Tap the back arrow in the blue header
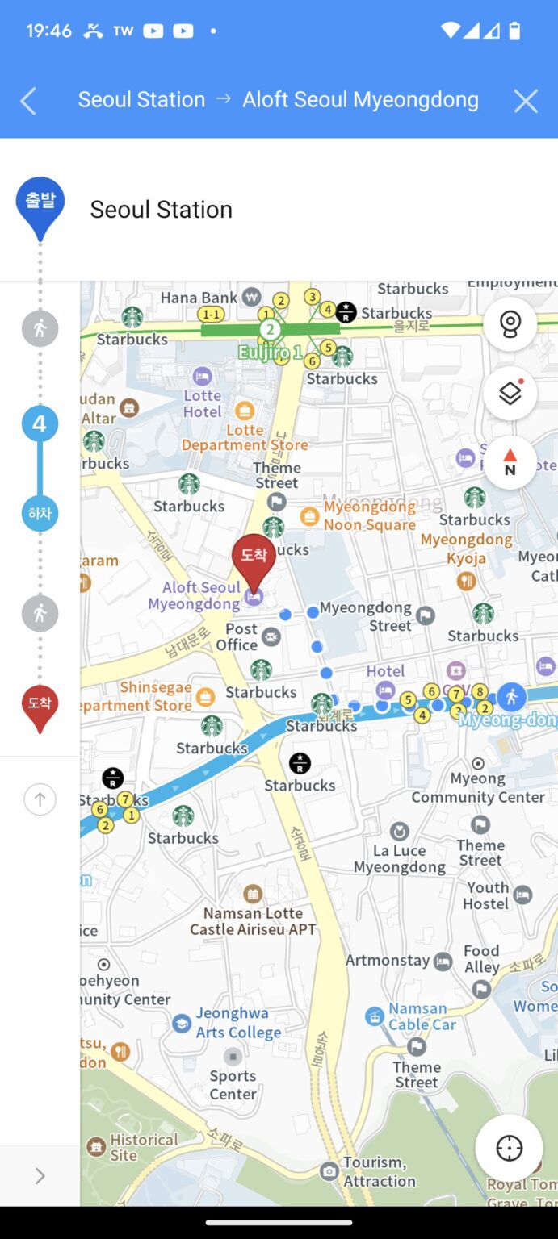[x=28, y=101]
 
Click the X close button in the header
[x=526, y=101]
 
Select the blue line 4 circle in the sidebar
[x=40, y=423]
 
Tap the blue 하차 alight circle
[x=40, y=513]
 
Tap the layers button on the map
[x=510, y=394]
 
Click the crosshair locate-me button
[x=509, y=1148]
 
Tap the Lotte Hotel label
[x=202, y=403]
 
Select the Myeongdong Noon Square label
[x=369, y=516]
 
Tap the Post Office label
[x=241, y=636]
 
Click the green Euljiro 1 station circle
[x=270, y=329]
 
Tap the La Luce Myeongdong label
[x=399, y=858]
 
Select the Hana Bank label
[x=199, y=298]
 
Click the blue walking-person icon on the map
[x=510, y=695]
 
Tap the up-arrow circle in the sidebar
[x=40, y=799]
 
